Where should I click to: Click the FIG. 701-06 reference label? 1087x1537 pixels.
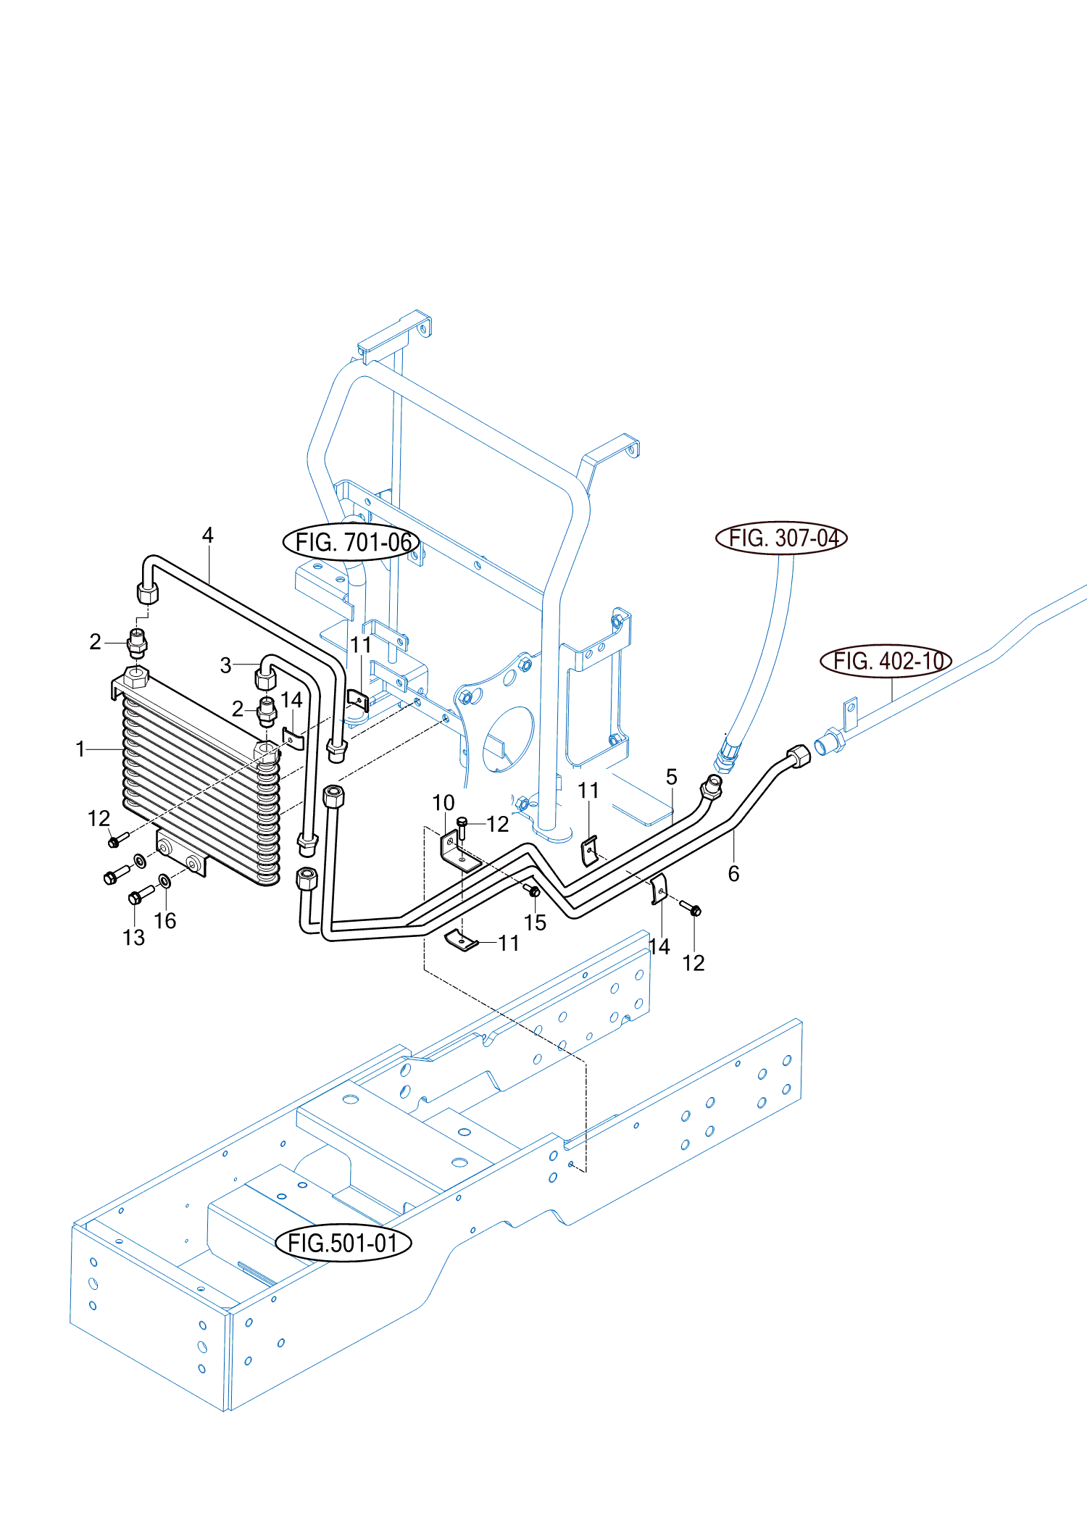click(x=351, y=542)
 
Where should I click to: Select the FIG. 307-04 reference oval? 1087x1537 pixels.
click(x=781, y=538)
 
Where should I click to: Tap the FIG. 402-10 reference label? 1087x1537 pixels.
click(x=886, y=661)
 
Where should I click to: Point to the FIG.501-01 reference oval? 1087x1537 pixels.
click(x=343, y=1243)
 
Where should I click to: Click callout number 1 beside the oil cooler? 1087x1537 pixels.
click(x=80, y=749)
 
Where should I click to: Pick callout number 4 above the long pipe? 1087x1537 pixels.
click(x=208, y=536)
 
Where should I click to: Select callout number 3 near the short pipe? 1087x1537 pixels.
click(x=226, y=665)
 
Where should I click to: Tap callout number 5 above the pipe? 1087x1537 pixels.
click(x=672, y=777)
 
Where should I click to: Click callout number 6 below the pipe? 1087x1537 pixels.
click(x=733, y=873)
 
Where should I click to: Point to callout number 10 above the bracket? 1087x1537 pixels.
click(x=443, y=803)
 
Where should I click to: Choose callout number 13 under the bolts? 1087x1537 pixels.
click(x=134, y=938)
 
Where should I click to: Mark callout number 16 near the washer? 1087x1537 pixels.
click(x=165, y=921)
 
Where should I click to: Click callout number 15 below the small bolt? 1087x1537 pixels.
click(x=535, y=922)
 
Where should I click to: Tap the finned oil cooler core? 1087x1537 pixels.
click(x=199, y=783)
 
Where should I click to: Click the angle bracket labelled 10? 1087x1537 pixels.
click(x=458, y=851)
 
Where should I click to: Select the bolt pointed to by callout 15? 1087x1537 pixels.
click(x=533, y=891)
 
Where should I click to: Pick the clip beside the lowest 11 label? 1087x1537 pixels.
click(x=461, y=941)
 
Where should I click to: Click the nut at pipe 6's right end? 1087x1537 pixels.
click(x=799, y=756)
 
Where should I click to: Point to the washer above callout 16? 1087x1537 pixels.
click(x=164, y=880)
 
